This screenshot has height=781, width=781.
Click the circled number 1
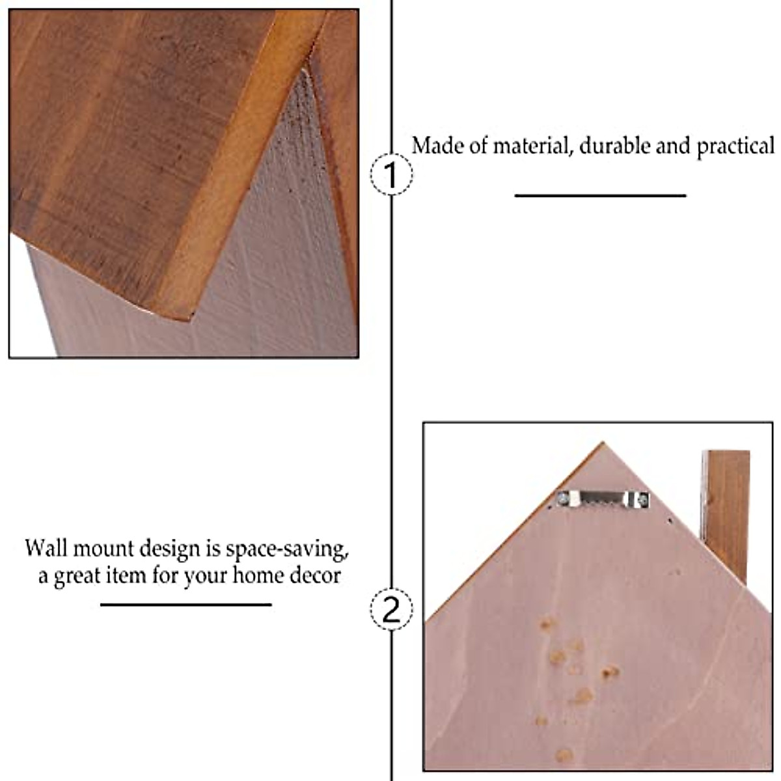click(x=391, y=174)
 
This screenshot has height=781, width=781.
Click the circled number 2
click(x=391, y=610)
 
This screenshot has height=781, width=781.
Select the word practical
click(x=735, y=146)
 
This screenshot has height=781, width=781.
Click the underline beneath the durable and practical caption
click(x=600, y=195)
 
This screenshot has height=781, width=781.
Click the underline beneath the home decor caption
click(x=185, y=605)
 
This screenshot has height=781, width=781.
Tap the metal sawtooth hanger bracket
click(x=601, y=499)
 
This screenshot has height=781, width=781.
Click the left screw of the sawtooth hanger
click(x=563, y=499)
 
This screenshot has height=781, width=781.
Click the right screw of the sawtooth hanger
click(x=642, y=500)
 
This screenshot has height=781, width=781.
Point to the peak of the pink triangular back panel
click(x=602, y=445)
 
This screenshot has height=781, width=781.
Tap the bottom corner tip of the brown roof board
click(x=191, y=318)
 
